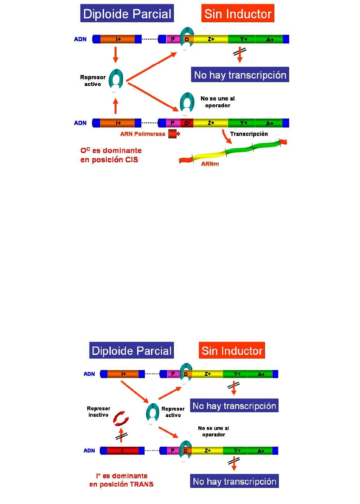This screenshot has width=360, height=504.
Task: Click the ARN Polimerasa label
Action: tap(143, 134)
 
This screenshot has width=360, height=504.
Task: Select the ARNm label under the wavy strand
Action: tap(210, 164)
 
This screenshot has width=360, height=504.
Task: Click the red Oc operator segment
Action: tap(187, 123)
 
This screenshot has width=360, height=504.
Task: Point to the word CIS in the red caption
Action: tap(131, 160)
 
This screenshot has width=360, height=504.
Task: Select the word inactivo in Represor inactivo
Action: tap(99, 415)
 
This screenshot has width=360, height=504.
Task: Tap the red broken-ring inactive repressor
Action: tap(121, 418)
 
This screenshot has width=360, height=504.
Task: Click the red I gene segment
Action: tap(122, 451)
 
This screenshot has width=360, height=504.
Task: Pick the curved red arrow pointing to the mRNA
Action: tap(226, 137)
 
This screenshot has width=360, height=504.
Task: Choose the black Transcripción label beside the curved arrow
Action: tap(249, 134)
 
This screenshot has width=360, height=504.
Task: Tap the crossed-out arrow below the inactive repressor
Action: tap(121, 435)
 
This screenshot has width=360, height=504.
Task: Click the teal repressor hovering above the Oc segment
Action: tap(187, 102)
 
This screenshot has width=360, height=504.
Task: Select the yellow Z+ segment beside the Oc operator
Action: tap(211, 123)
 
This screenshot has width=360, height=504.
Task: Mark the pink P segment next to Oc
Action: tap(173, 123)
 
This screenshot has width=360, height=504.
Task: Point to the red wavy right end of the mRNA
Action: tap(283, 142)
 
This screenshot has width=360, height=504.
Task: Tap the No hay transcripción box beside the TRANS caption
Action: tap(234, 481)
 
